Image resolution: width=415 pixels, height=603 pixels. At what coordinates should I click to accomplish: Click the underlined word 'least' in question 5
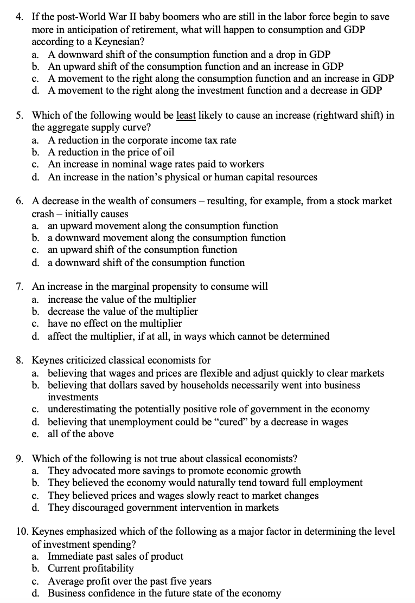187,116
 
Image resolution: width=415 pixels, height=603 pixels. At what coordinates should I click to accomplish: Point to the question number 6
19,201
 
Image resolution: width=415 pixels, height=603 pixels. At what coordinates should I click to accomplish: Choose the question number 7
19,287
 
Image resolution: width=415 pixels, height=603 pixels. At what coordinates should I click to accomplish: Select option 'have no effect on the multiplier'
114,323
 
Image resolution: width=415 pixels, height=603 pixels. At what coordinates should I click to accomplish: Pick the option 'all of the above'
81,434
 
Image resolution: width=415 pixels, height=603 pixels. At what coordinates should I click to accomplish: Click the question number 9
19,458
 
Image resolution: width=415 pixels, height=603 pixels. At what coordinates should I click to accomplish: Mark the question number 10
21,532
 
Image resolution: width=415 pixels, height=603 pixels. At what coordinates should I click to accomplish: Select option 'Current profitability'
91,568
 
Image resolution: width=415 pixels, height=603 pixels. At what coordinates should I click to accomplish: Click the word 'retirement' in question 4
155,30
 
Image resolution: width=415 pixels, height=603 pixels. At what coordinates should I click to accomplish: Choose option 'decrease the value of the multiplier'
123,312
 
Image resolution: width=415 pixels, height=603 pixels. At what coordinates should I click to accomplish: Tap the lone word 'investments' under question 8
73,397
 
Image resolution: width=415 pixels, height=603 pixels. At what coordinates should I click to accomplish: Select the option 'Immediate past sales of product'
116,556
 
